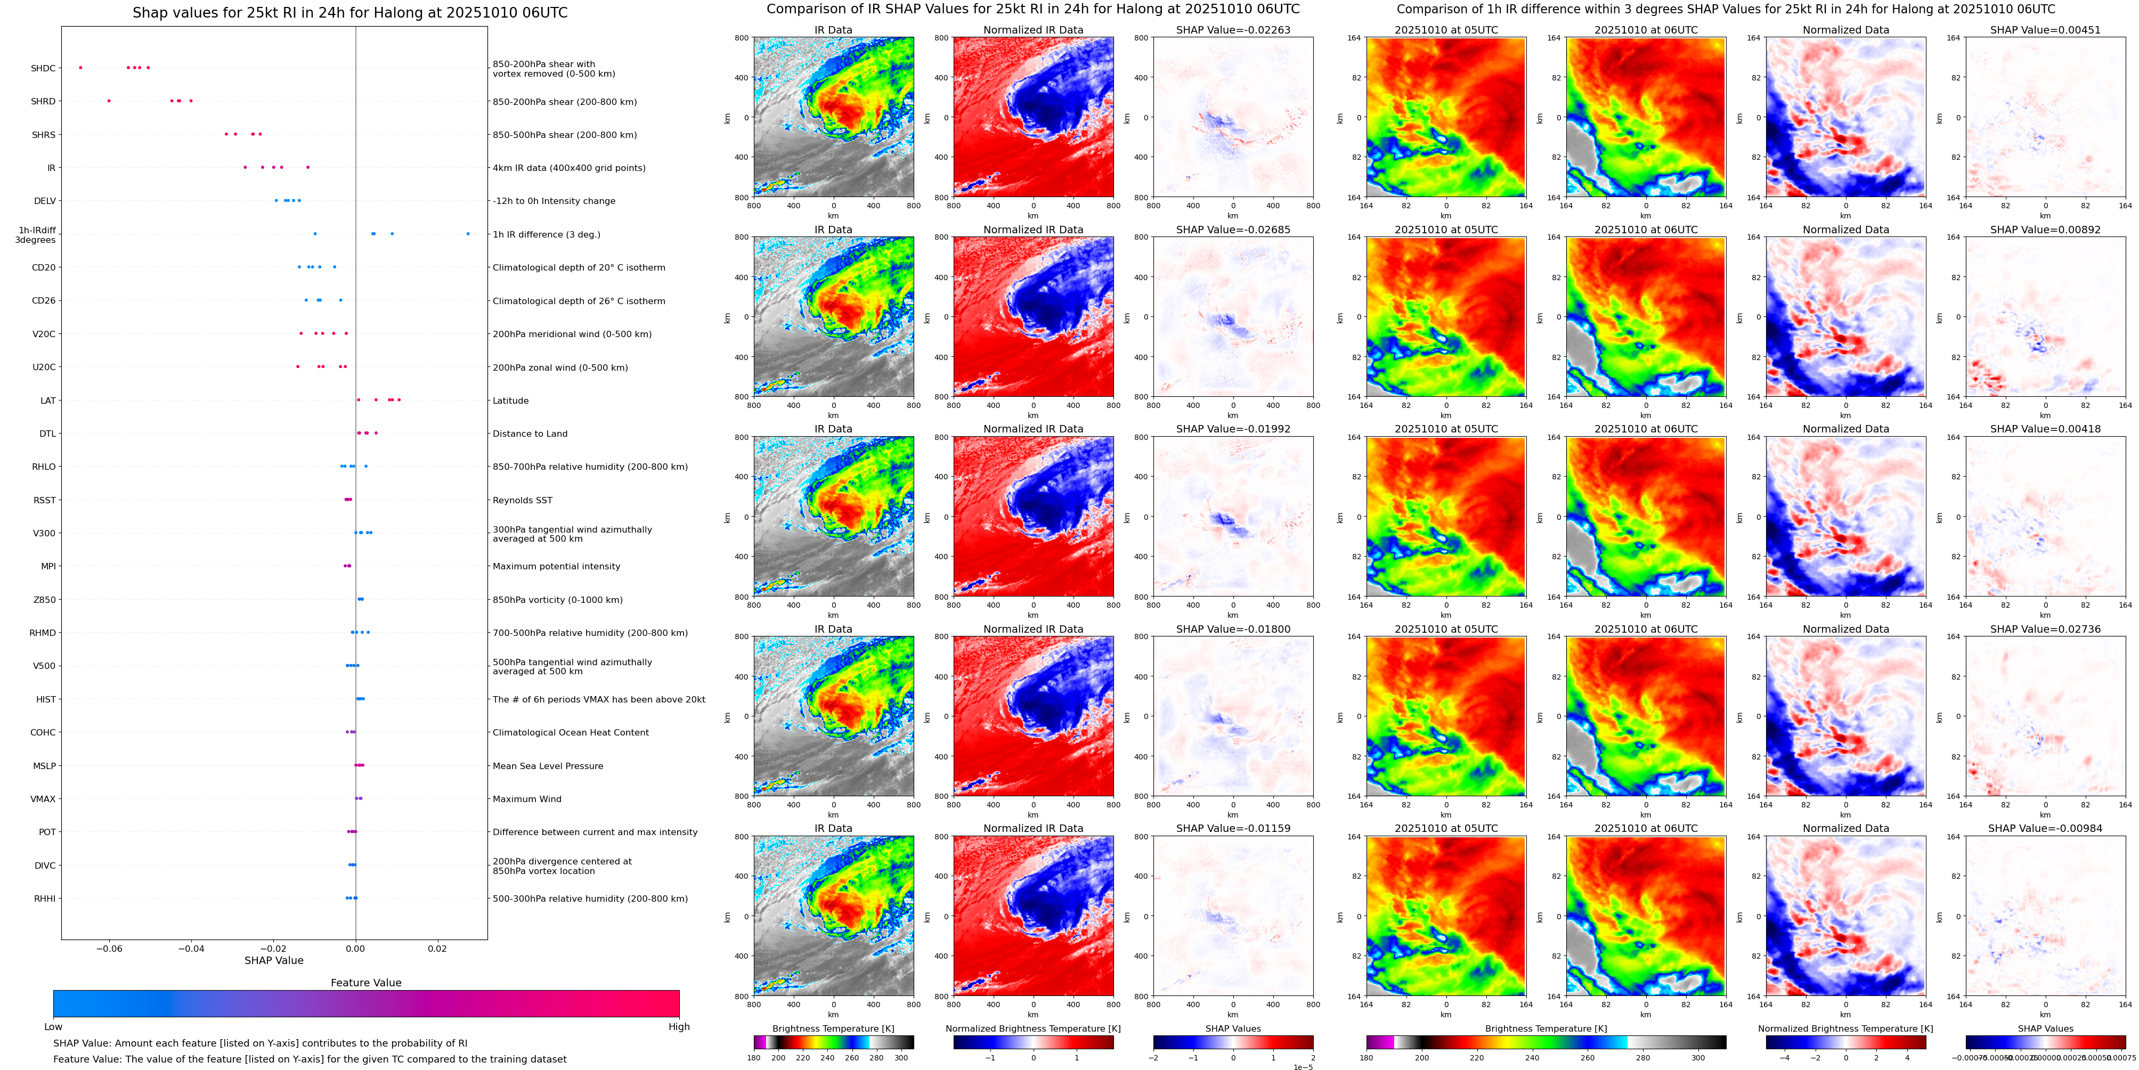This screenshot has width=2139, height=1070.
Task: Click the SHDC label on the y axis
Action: click(43, 68)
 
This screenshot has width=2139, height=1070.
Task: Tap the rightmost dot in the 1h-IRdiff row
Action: click(468, 234)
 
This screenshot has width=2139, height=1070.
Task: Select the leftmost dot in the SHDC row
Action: click(80, 67)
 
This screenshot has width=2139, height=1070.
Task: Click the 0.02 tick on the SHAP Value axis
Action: click(437, 948)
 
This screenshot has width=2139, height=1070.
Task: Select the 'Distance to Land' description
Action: click(530, 434)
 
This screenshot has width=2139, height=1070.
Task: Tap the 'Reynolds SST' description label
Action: click(522, 501)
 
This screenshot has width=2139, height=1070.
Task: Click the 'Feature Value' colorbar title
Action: click(365, 983)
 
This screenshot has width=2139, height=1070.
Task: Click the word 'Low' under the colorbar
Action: click(53, 1027)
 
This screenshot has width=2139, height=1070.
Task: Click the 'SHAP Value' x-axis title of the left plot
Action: click(273, 960)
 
